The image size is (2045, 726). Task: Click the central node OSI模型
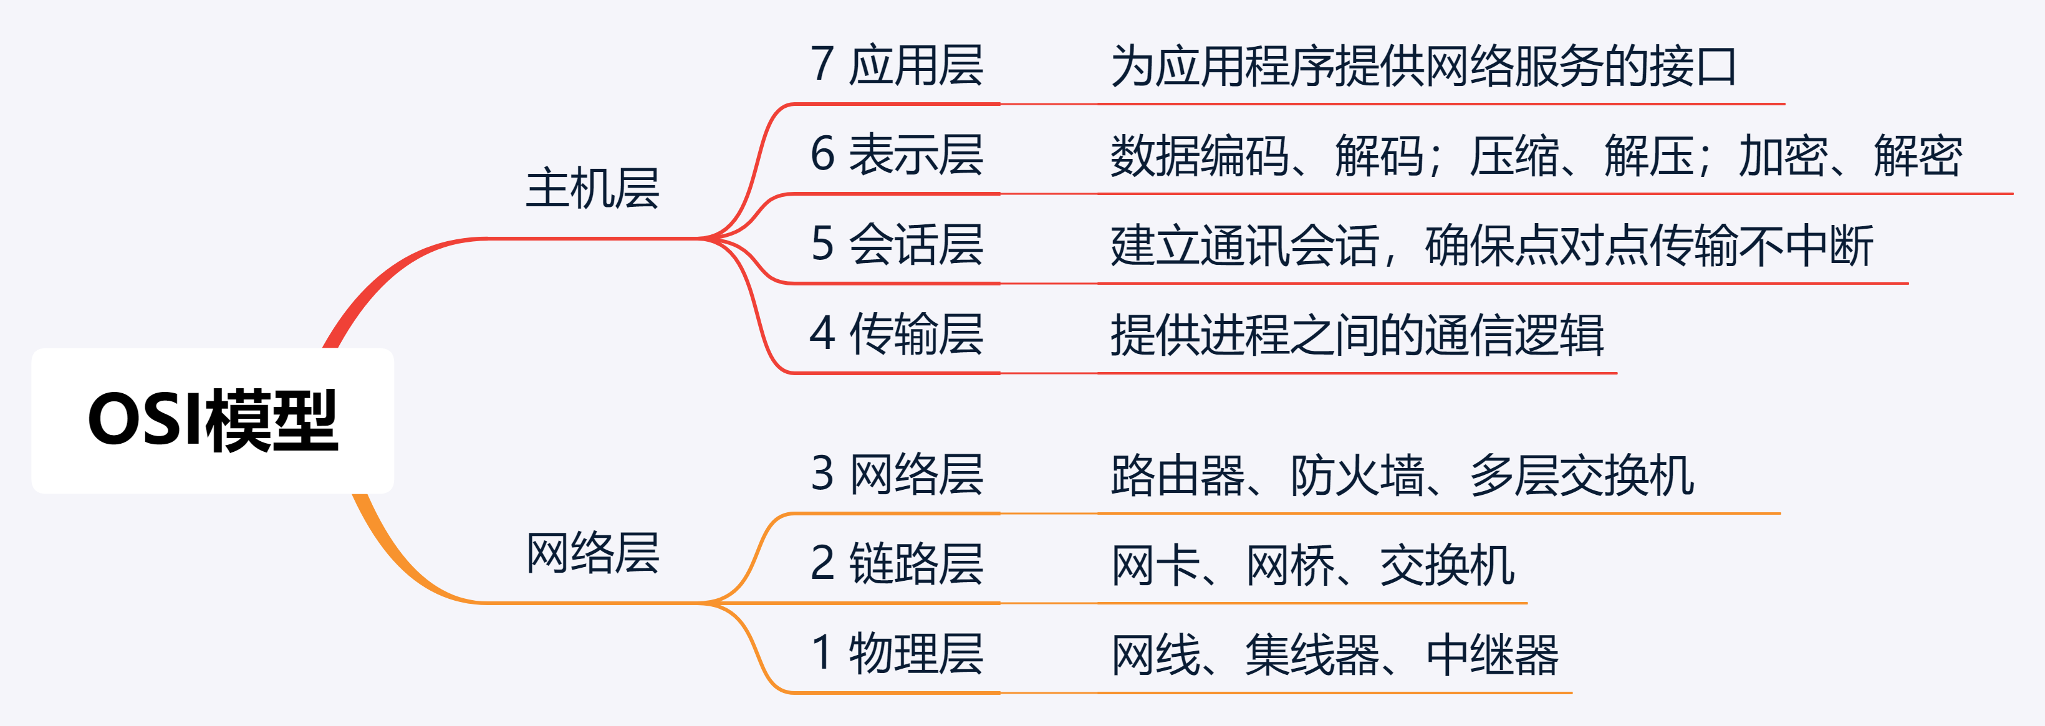tap(213, 421)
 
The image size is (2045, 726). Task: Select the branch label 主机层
tap(592, 189)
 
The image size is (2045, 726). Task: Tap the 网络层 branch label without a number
tap(592, 553)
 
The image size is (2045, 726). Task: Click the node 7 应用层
tap(897, 65)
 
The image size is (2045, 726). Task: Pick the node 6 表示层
tap(897, 155)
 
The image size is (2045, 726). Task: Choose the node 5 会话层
tap(897, 244)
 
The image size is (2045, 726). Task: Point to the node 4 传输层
tap(897, 334)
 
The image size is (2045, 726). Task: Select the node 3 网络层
tap(897, 474)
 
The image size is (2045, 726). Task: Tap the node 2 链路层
tap(897, 564)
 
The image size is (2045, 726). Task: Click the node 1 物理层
tap(897, 654)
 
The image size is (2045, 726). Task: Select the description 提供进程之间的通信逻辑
tap(1357, 335)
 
